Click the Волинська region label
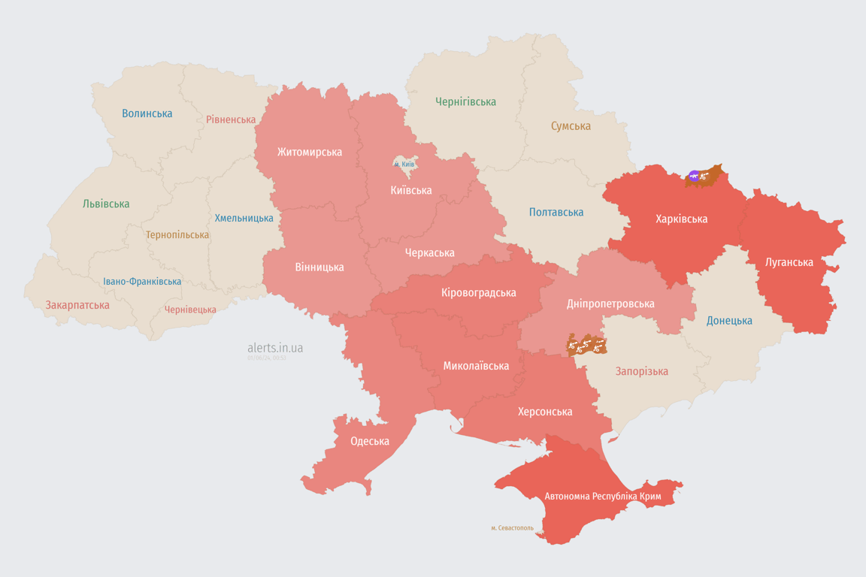(147, 113)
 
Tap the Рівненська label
(231, 119)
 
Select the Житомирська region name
(309, 152)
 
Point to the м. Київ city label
(404, 164)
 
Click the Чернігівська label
(465, 101)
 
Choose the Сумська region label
(571, 126)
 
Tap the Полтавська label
(556, 212)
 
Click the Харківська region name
(681, 219)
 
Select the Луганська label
(789, 262)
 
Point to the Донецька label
(729, 321)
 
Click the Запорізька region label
(641, 371)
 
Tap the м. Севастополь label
(512, 528)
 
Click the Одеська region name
(370, 441)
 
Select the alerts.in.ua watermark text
(275, 348)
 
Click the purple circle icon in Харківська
(694, 177)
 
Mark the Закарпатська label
(77, 305)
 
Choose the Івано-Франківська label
(142, 282)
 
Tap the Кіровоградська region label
(479, 292)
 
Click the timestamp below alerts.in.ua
(267, 358)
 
